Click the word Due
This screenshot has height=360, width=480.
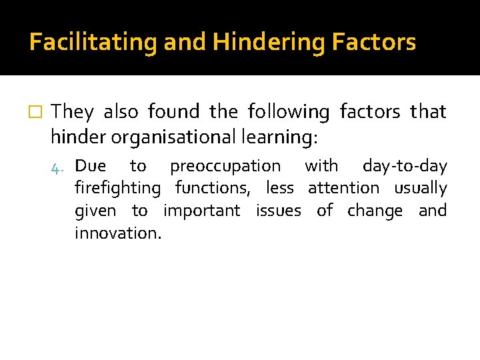point(91,165)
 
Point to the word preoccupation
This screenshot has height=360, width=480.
point(225,165)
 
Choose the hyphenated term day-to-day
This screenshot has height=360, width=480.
point(404,165)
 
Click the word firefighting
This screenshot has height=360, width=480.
point(118,189)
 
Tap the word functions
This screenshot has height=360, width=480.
point(213,189)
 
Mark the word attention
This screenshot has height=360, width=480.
point(343,189)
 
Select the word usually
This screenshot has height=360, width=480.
point(420,189)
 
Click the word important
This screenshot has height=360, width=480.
point(201,211)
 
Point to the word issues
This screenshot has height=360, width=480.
point(278,211)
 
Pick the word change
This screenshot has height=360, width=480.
point(375,211)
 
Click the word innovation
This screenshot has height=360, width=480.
point(118,233)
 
